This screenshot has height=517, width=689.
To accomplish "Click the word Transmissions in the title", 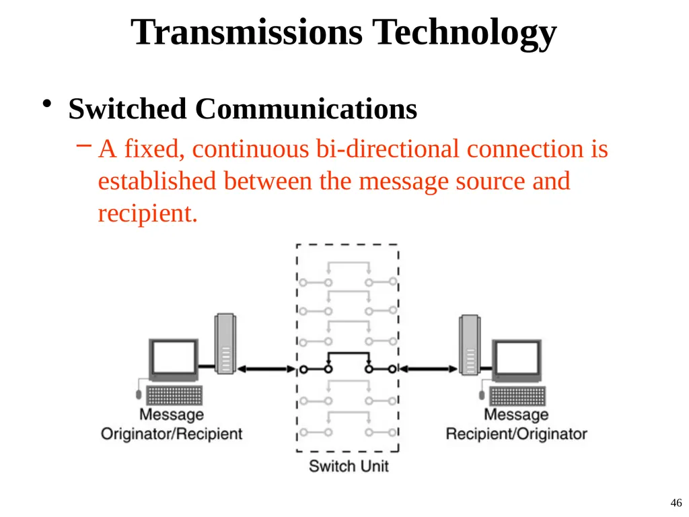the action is (x=246, y=32).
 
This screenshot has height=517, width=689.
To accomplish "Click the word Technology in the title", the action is (x=464, y=34).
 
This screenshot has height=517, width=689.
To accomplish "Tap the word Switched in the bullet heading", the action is (x=127, y=108).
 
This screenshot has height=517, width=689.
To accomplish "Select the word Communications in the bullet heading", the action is (x=306, y=108).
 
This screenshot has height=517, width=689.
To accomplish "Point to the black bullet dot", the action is (x=47, y=104).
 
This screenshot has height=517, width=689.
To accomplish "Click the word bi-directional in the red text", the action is (x=388, y=149).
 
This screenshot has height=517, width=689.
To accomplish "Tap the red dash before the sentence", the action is (x=84, y=145).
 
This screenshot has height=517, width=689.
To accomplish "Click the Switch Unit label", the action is (x=349, y=466).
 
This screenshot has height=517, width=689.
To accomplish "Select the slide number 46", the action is (x=676, y=503).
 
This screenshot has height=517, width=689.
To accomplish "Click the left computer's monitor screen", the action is (x=174, y=357).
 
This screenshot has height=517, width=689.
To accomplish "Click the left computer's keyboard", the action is (x=174, y=394).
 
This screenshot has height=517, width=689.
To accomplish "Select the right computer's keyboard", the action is (x=517, y=396).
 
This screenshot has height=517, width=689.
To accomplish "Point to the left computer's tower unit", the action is (x=225, y=344).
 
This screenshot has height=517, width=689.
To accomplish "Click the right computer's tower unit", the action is (x=470, y=345).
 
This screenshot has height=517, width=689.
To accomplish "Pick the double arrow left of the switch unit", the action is (x=266, y=370).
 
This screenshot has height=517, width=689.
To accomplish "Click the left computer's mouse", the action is (x=139, y=394).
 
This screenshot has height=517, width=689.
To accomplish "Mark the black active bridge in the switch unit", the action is (x=349, y=353).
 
